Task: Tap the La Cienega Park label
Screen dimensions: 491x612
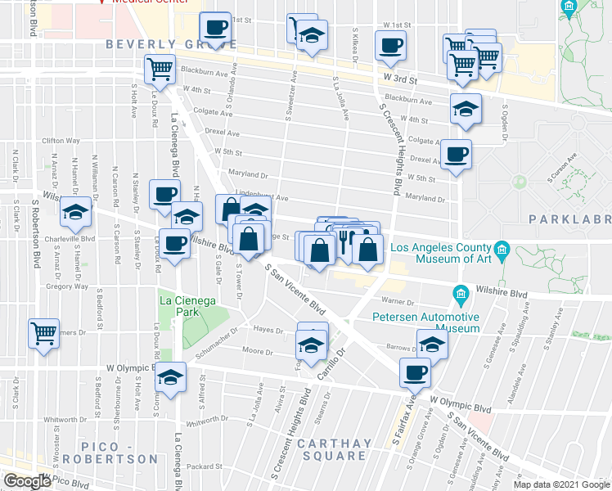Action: tap(187, 307)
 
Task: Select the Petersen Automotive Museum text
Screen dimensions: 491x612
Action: tap(425, 322)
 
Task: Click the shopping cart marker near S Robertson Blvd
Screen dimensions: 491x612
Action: tap(43, 333)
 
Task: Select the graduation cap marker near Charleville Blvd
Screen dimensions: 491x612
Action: tap(76, 214)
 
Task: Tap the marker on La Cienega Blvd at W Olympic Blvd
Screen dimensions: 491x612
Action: tap(171, 377)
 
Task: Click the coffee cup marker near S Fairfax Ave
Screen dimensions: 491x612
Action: tap(416, 372)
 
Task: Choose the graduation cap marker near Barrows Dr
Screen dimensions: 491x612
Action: tap(432, 343)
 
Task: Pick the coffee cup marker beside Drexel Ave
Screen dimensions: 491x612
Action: tap(456, 153)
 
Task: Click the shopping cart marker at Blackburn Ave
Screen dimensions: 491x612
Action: tap(160, 68)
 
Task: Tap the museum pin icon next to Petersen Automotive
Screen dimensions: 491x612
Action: tap(461, 293)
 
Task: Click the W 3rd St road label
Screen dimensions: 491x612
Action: tap(401, 80)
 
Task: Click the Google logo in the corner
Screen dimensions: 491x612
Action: tap(26, 482)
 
